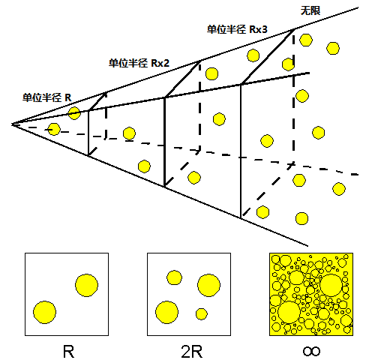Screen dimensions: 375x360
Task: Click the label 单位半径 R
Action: point(47,97)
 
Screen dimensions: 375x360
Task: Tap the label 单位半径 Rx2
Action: point(139,63)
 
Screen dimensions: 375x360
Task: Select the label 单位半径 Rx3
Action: point(237,29)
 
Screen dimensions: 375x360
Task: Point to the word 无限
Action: point(310,10)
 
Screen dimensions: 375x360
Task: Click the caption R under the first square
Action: point(68,352)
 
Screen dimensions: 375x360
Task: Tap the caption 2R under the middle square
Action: point(192,352)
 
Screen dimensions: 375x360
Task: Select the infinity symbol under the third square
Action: point(311,352)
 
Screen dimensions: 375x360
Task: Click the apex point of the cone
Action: point(12,124)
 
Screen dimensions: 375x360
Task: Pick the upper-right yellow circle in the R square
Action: point(86,285)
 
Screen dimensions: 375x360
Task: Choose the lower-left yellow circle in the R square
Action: point(44,312)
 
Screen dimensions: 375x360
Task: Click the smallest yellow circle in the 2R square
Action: point(202,314)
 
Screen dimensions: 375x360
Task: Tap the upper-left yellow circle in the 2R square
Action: point(174,277)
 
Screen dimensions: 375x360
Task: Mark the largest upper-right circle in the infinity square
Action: point(331,285)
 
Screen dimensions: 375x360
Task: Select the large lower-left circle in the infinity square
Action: point(289,312)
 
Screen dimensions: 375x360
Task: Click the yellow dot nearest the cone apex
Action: point(54,129)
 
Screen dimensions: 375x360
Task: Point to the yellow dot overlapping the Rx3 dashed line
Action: point(288,64)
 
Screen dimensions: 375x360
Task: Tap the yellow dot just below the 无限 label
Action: point(306,40)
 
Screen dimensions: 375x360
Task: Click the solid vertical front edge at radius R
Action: point(88,133)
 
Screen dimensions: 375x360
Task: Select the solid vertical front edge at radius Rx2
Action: point(164,142)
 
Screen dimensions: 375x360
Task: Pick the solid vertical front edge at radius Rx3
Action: point(241,151)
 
